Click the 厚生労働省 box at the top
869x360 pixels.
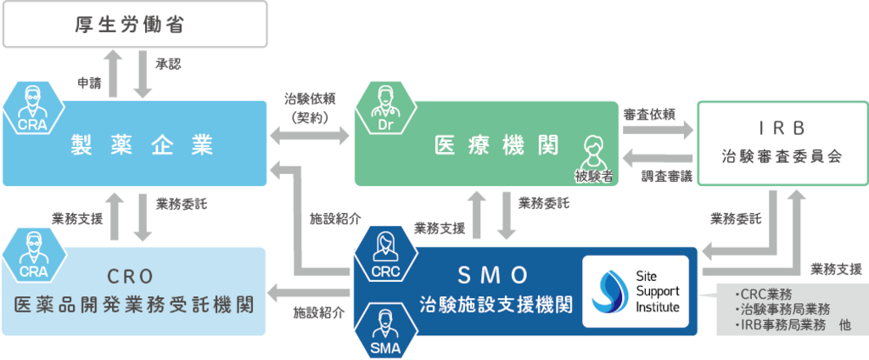(x=137, y=26)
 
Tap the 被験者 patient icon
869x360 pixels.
(x=593, y=157)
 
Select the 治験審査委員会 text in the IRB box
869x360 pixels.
(x=782, y=157)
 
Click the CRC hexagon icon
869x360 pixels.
(x=383, y=254)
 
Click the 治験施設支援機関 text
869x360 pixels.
(x=496, y=304)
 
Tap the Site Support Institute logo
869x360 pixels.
(x=636, y=291)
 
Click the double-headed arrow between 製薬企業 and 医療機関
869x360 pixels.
(x=310, y=134)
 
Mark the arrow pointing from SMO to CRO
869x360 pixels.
(x=310, y=293)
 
